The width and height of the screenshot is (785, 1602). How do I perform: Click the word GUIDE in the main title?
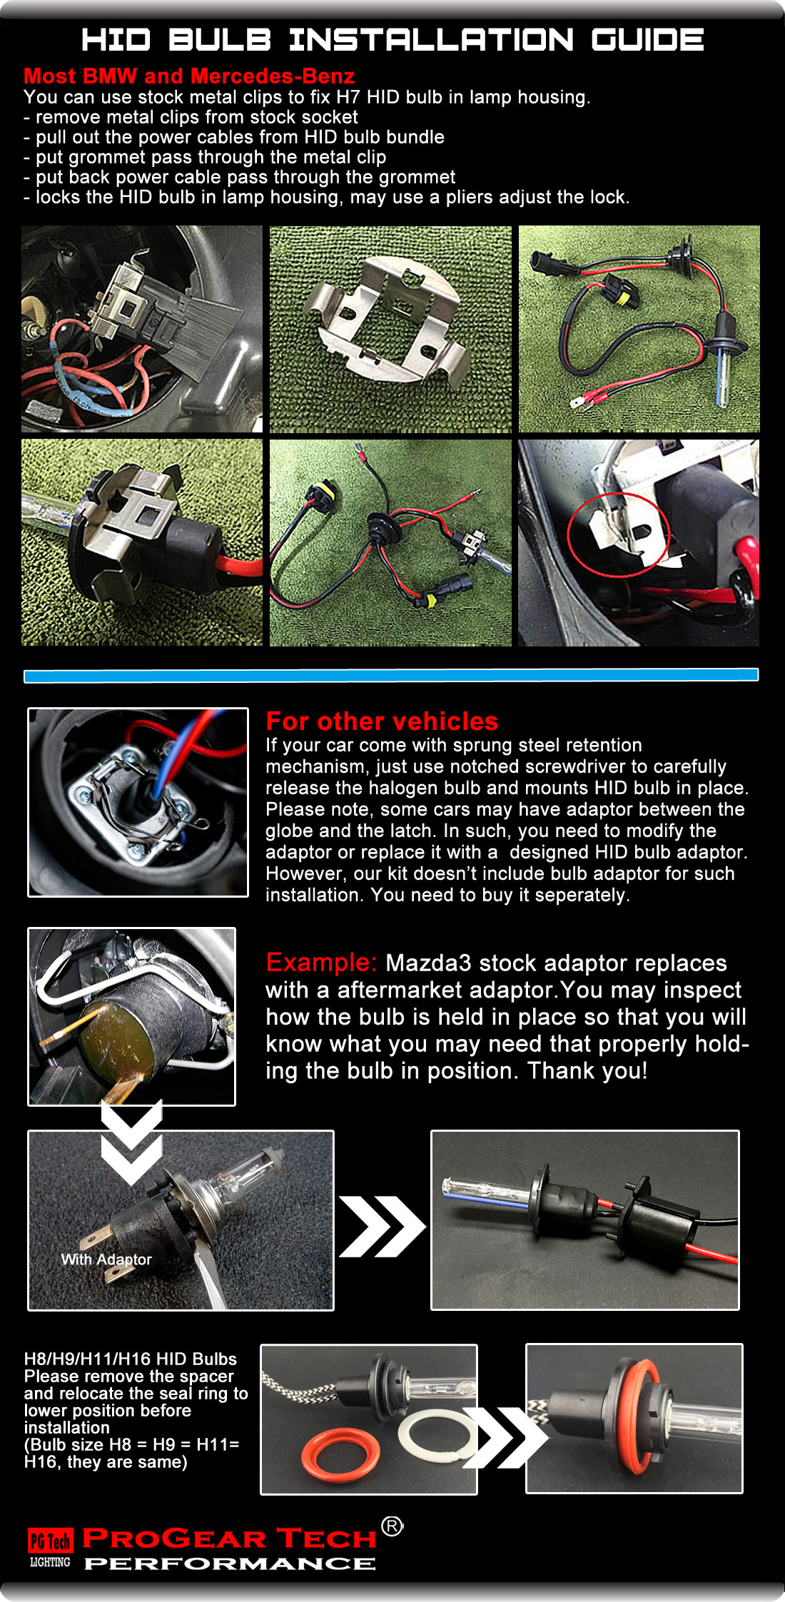point(647,40)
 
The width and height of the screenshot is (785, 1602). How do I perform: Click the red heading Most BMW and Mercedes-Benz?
point(189,76)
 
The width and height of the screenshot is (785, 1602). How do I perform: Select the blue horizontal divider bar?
point(391,675)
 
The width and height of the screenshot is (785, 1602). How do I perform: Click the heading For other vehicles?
point(382,721)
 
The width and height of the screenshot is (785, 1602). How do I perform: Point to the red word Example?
point(320,963)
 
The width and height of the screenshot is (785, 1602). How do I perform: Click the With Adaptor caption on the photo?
point(106,1259)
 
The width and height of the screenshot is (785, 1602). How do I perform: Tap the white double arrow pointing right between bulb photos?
point(381,1226)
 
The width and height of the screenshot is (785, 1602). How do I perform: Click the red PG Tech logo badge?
point(50,1541)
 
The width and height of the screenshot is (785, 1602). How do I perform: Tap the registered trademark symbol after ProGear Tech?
point(392,1526)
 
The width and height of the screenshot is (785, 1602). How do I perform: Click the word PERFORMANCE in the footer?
point(230,1563)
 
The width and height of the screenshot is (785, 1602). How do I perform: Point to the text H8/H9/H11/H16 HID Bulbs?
point(130,1359)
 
